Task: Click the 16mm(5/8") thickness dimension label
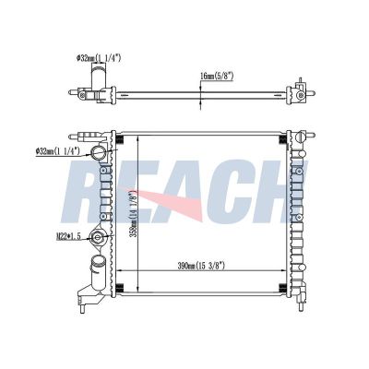[217, 77]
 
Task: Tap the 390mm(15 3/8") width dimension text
[201, 266]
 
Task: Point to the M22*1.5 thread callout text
[68, 236]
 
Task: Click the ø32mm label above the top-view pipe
[99, 57]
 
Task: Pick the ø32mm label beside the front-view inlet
[58, 151]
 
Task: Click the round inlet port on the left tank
[99, 152]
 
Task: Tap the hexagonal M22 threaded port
[98, 237]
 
